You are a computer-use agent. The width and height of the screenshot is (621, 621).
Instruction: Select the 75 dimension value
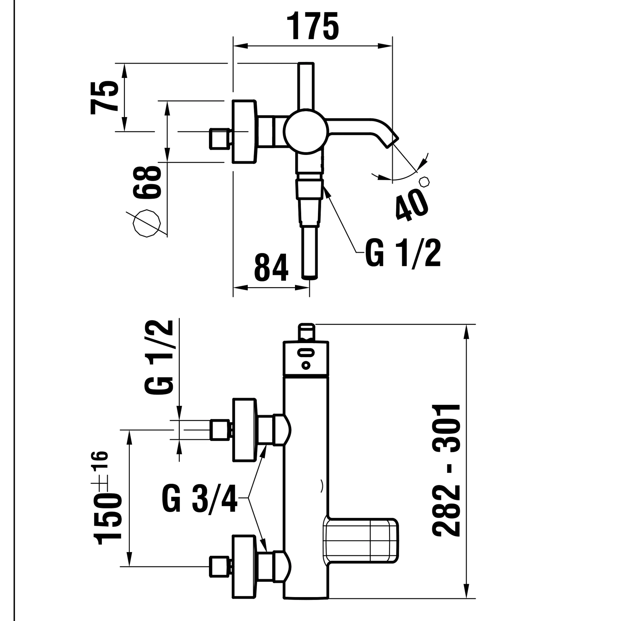click(x=104, y=97)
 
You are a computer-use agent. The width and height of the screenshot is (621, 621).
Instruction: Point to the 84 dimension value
click(x=271, y=267)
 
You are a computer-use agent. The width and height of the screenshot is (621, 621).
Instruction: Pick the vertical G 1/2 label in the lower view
click(x=159, y=357)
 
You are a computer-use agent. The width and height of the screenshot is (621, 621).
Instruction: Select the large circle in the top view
click(x=306, y=131)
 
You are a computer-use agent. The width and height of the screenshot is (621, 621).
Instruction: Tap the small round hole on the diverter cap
click(x=306, y=366)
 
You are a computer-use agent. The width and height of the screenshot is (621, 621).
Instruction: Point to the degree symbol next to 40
click(x=424, y=182)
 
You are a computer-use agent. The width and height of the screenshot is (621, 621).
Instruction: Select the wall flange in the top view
click(x=244, y=131)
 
